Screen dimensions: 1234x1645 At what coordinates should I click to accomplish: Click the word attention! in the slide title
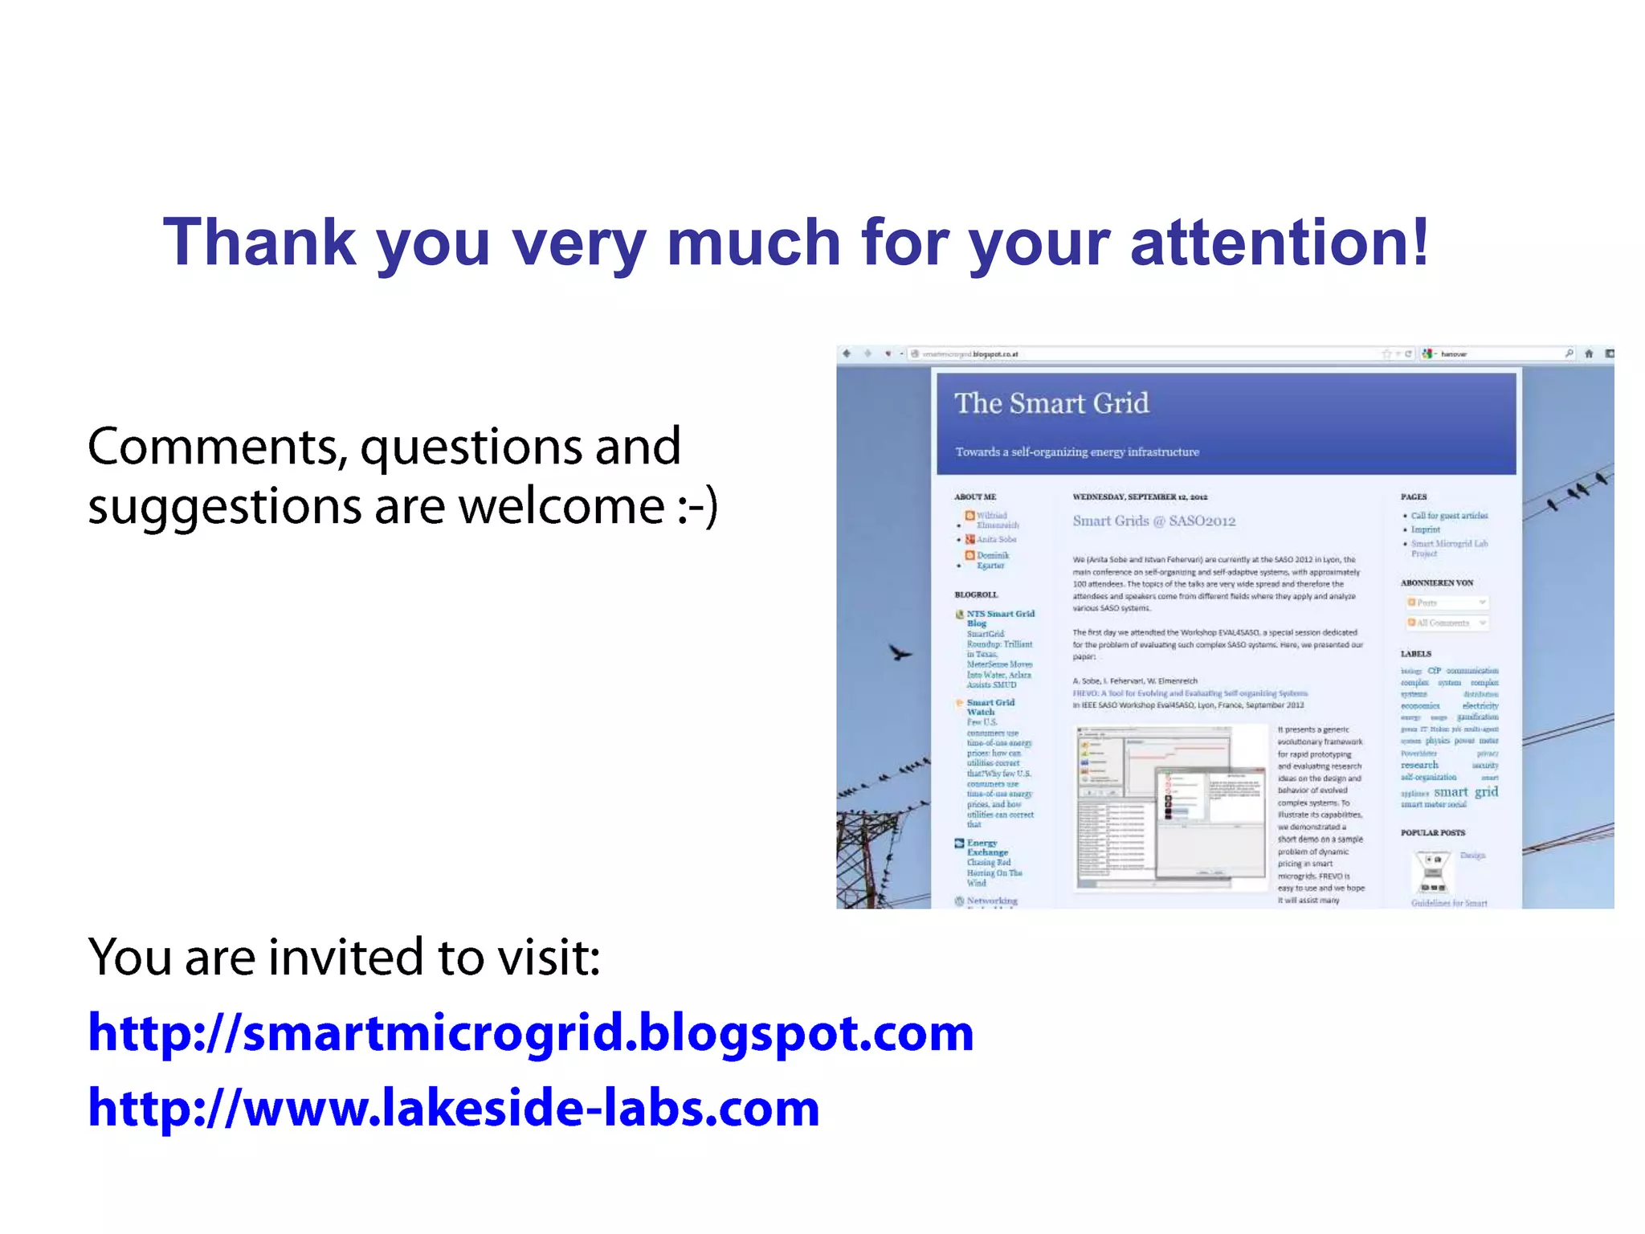click(x=1279, y=243)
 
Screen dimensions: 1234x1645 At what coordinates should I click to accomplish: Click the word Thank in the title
click(x=259, y=243)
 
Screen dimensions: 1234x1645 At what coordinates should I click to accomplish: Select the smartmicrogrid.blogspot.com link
click(x=530, y=1033)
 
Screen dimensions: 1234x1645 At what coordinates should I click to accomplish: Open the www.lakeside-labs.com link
click(x=454, y=1108)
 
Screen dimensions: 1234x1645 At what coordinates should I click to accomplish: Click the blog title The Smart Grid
click(x=1051, y=403)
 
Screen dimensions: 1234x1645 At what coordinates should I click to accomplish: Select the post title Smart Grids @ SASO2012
click(x=1153, y=521)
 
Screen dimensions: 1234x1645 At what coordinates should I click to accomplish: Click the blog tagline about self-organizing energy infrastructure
click(x=1076, y=452)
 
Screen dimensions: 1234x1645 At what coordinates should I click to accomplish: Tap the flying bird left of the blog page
click(x=900, y=652)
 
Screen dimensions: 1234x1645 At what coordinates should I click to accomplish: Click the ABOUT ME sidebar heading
click(x=974, y=496)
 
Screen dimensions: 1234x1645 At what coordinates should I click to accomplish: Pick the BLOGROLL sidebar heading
click(x=976, y=595)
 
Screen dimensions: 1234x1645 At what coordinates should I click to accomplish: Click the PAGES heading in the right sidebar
click(x=1413, y=496)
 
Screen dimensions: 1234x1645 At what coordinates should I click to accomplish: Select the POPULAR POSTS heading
click(x=1432, y=832)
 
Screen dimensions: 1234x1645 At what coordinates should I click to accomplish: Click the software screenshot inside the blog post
click(x=1170, y=807)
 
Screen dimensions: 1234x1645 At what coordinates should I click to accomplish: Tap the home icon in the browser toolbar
click(x=1588, y=353)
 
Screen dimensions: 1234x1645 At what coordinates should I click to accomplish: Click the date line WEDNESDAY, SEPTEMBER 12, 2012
click(x=1140, y=496)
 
